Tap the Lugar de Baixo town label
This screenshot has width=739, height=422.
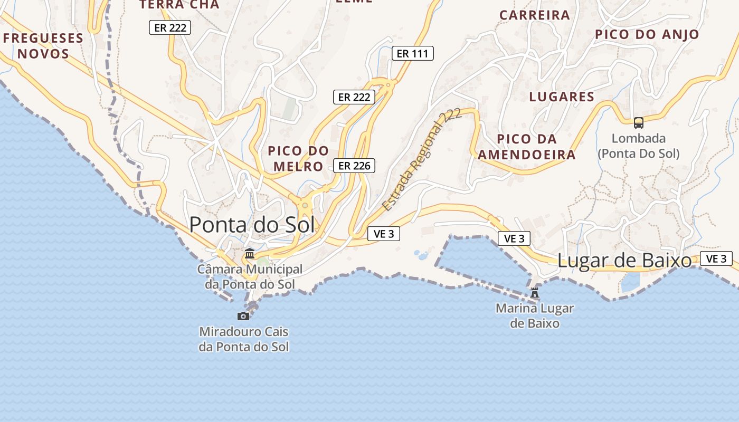pyautogui.click(x=624, y=261)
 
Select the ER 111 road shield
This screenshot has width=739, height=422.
pyautogui.click(x=413, y=53)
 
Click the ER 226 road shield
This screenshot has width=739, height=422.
pyautogui.click(x=354, y=166)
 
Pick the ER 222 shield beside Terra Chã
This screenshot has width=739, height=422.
pyautogui.click(x=170, y=27)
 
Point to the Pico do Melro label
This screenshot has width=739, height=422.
pyautogui.click(x=298, y=158)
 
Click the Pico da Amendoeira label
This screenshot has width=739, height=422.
pyautogui.click(x=527, y=147)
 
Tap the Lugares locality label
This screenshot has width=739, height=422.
pyautogui.click(x=562, y=97)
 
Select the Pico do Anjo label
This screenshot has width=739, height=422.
pyautogui.click(x=647, y=34)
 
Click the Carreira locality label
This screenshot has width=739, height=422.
pyautogui.click(x=535, y=15)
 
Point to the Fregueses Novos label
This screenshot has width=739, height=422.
pyautogui.click(x=43, y=46)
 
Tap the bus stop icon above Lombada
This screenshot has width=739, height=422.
pyautogui.click(x=639, y=123)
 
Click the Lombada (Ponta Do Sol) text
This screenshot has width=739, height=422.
pyautogui.click(x=639, y=146)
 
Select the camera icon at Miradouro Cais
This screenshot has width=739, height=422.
pyautogui.click(x=243, y=316)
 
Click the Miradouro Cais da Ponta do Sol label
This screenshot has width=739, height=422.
pyautogui.click(x=244, y=339)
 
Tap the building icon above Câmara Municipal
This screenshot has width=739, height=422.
pyautogui.click(x=250, y=254)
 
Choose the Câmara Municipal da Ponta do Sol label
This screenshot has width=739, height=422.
pyautogui.click(x=250, y=276)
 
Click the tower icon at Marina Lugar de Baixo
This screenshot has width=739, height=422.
pyautogui.click(x=535, y=292)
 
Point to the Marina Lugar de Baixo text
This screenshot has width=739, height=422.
pyautogui.click(x=535, y=315)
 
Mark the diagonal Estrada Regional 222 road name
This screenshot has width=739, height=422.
pyautogui.click(x=422, y=159)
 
